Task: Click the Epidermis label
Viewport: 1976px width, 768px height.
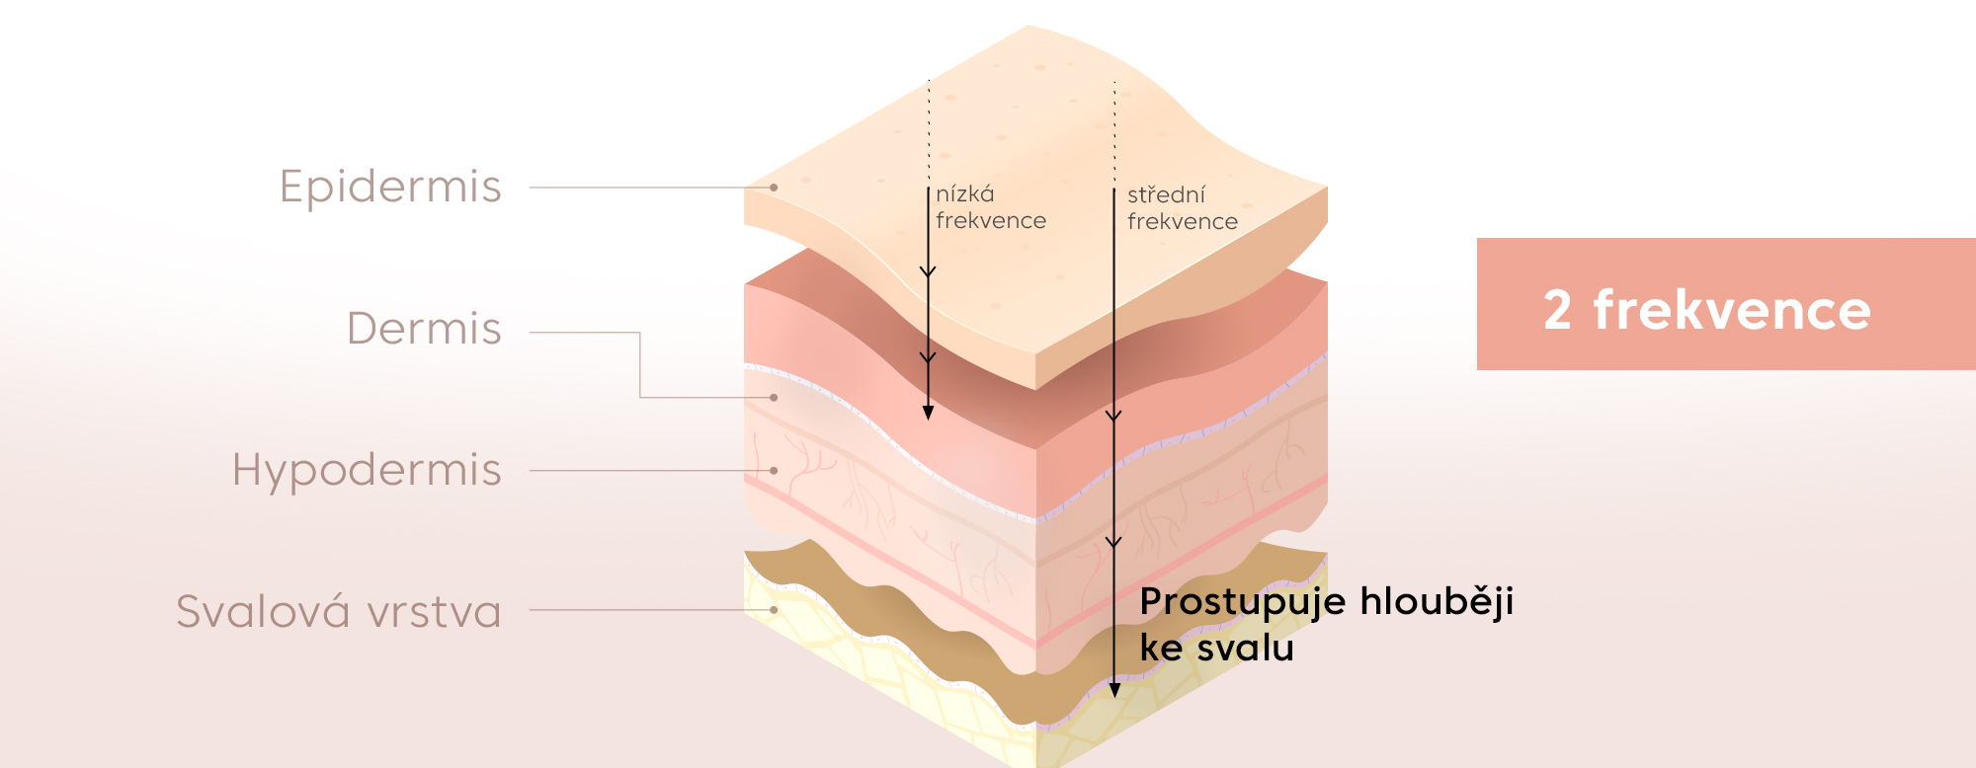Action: pyautogui.click(x=390, y=187)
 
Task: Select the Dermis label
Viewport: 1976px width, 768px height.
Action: pyautogui.click(x=424, y=329)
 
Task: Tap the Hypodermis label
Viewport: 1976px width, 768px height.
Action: pyautogui.click(x=367, y=470)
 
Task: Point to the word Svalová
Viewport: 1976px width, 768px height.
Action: pyautogui.click(x=263, y=611)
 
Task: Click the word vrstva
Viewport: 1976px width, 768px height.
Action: pyautogui.click(x=434, y=612)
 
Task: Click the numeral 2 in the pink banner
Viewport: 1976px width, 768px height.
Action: pyautogui.click(x=1557, y=310)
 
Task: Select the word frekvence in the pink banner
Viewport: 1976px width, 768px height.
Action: pyautogui.click(x=1732, y=310)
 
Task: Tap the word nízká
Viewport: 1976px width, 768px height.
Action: pyautogui.click(x=965, y=194)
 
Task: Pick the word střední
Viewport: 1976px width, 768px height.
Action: pyautogui.click(x=1166, y=195)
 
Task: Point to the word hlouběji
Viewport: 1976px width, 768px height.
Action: pyautogui.click(x=1437, y=602)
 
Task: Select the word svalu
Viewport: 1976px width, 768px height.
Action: pyautogui.click(x=1244, y=649)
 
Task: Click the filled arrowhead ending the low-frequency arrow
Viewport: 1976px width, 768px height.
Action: pyautogui.click(x=928, y=413)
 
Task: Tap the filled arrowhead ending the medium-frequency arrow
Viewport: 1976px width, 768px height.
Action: pyautogui.click(x=1114, y=689)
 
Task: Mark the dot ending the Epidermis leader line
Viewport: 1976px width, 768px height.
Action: pyautogui.click(x=774, y=188)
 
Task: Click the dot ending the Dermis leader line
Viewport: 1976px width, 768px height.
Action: pyautogui.click(x=774, y=398)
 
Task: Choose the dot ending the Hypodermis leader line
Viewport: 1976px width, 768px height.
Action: pyautogui.click(x=774, y=471)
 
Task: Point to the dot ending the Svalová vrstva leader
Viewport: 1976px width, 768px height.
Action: pyautogui.click(x=774, y=610)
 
